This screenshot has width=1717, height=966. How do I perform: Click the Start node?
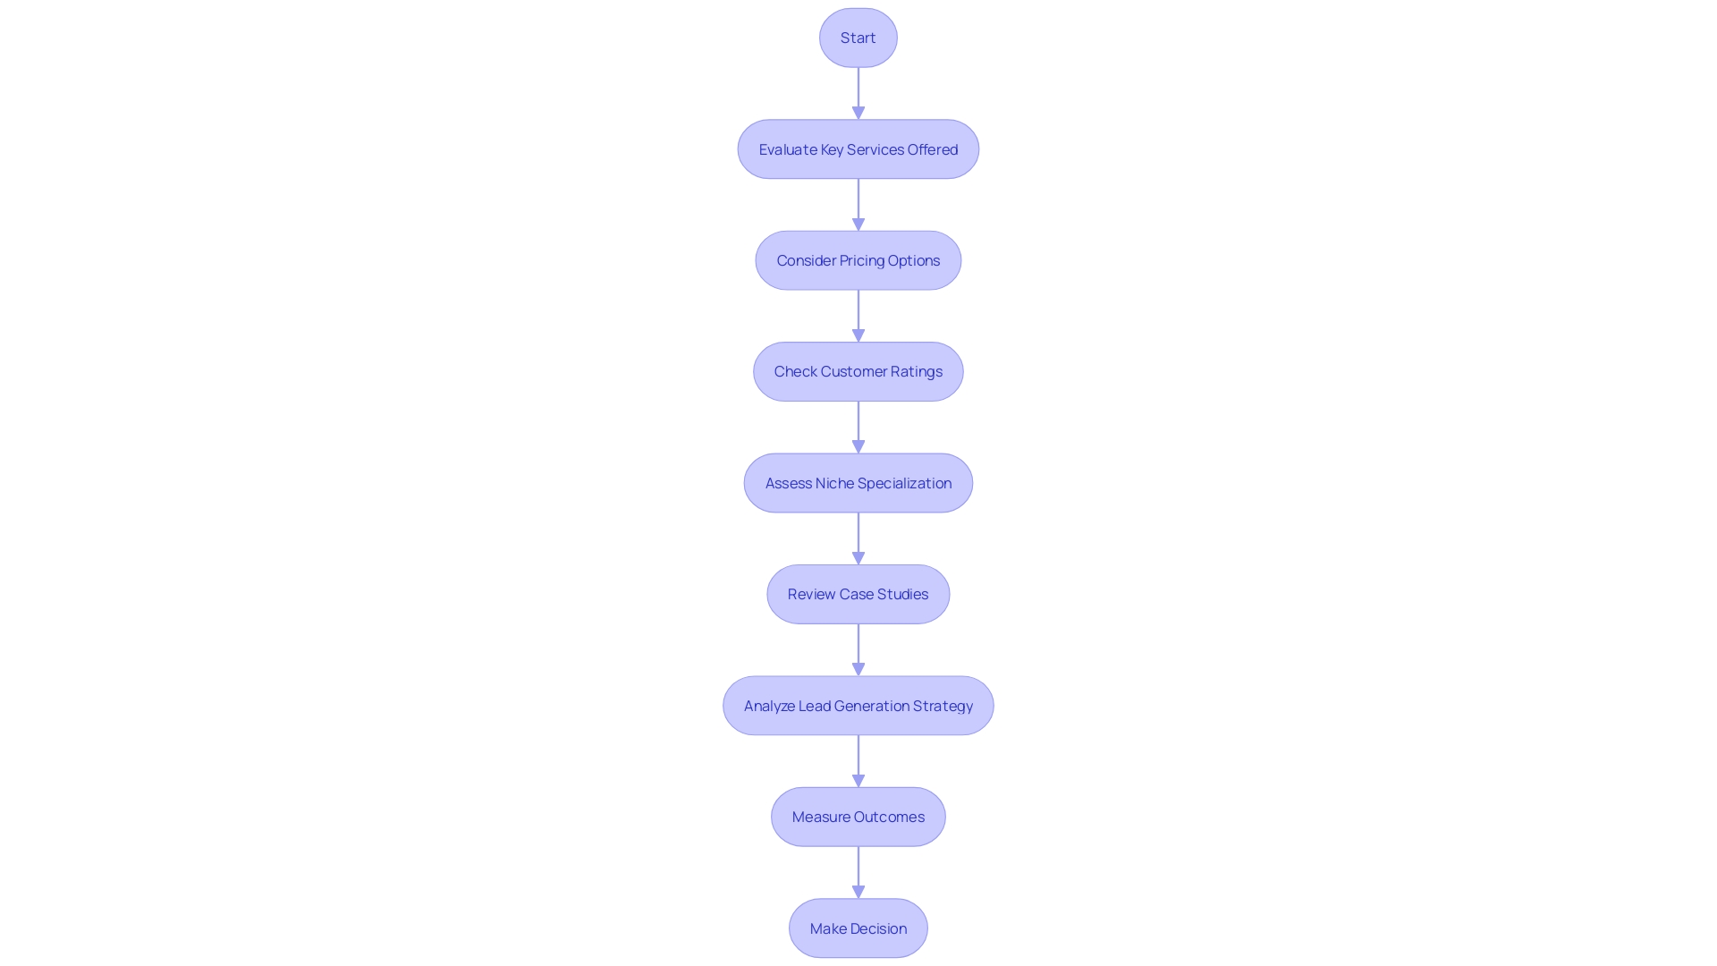pyautogui.click(x=858, y=38)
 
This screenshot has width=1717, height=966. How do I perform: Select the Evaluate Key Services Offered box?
pyautogui.click(x=858, y=149)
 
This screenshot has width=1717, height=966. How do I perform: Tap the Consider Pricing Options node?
pyautogui.click(x=858, y=260)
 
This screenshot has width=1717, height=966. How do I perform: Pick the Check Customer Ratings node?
pyautogui.click(x=858, y=371)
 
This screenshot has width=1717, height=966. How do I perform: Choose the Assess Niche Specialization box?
pyautogui.click(x=858, y=483)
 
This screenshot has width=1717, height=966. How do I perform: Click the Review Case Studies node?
pyautogui.click(x=858, y=594)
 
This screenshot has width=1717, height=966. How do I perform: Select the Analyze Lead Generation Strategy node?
pyautogui.click(x=858, y=706)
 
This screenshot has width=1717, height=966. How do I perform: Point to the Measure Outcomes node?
pyautogui.click(x=858, y=817)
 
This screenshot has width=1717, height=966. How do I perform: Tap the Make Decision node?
pyautogui.click(x=858, y=928)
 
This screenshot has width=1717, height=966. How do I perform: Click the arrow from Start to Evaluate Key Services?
pyautogui.click(x=858, y=93)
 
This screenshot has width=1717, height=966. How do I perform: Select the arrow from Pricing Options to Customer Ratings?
pyautogui.click(x=858, y=316)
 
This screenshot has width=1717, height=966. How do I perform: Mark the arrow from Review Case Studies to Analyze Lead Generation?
pyautogui.click(x=858, y=649)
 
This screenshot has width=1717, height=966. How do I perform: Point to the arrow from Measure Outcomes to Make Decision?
pyautogui.click(x=858, y=872)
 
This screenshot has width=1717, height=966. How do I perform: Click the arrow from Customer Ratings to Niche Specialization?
pyautogui.click(x=858, y=427)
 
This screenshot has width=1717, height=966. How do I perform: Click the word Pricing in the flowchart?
pyautogui.click(x=862, y=260)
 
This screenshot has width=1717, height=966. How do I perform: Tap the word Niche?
pyautogui.click(x=834, y=483)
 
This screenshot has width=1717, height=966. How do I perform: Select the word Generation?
pyautogui.click(x=872, y=706)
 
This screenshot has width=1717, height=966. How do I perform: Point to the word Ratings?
pyautogui.click(x=917, y=371)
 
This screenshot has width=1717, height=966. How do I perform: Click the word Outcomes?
pyautogui.click(x=889, y=817)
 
